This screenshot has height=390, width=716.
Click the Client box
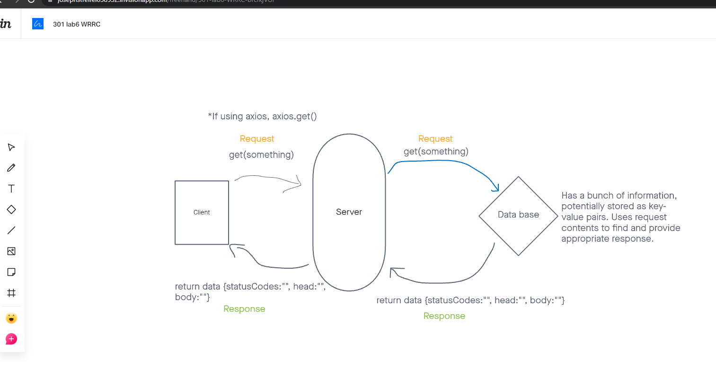[202, 212]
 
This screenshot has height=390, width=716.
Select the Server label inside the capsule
[349, 212]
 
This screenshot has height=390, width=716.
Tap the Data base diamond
[518, 215]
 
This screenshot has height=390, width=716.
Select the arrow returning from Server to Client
[270, 264]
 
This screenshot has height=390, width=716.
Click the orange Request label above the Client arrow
[256, 139]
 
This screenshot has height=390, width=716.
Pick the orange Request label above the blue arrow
[435, 139]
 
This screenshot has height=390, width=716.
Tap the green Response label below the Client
[244, 309]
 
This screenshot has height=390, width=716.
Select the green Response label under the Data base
[444, 316]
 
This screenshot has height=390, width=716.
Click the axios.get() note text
[262, 116]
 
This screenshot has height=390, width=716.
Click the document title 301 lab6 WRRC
[77, 24]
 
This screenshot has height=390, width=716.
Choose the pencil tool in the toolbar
[11, 168]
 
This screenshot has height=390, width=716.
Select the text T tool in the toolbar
[11, 189]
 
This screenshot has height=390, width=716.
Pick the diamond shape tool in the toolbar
[11, 209]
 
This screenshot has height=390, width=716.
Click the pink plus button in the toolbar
[11, 339]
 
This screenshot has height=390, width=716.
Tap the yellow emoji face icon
[11, 318]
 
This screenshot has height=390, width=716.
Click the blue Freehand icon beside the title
[38, 24]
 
